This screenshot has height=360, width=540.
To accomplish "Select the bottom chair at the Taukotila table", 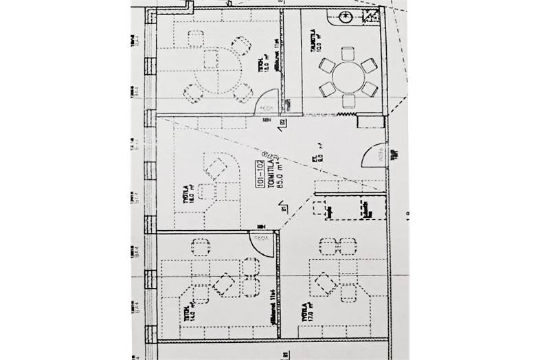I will [349, 100].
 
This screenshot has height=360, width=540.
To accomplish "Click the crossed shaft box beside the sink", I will [371, 17].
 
